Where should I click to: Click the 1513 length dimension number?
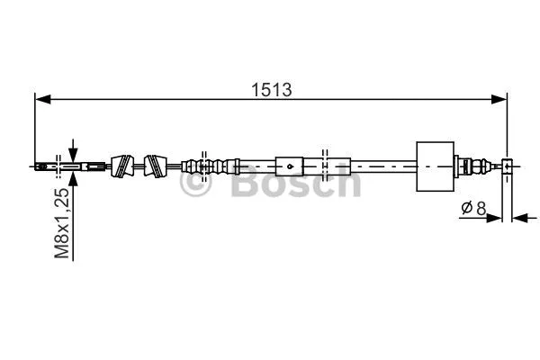[x=271, y=90]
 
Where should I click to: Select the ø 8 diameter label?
[x=473, y=209]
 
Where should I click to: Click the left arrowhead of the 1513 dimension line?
[x=41, y=100]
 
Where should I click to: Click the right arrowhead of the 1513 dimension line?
[x=501, y=100]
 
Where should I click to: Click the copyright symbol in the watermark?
[x=196, y=184]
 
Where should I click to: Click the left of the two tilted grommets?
[x=121, y=166]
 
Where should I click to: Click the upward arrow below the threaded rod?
[x=72, y=179]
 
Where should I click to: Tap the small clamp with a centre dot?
[x=289, y=166]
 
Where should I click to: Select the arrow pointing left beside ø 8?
[x=519, y=217]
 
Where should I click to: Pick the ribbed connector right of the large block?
[x=465, y=166]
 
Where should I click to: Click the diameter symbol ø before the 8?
[x=466, y=209]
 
